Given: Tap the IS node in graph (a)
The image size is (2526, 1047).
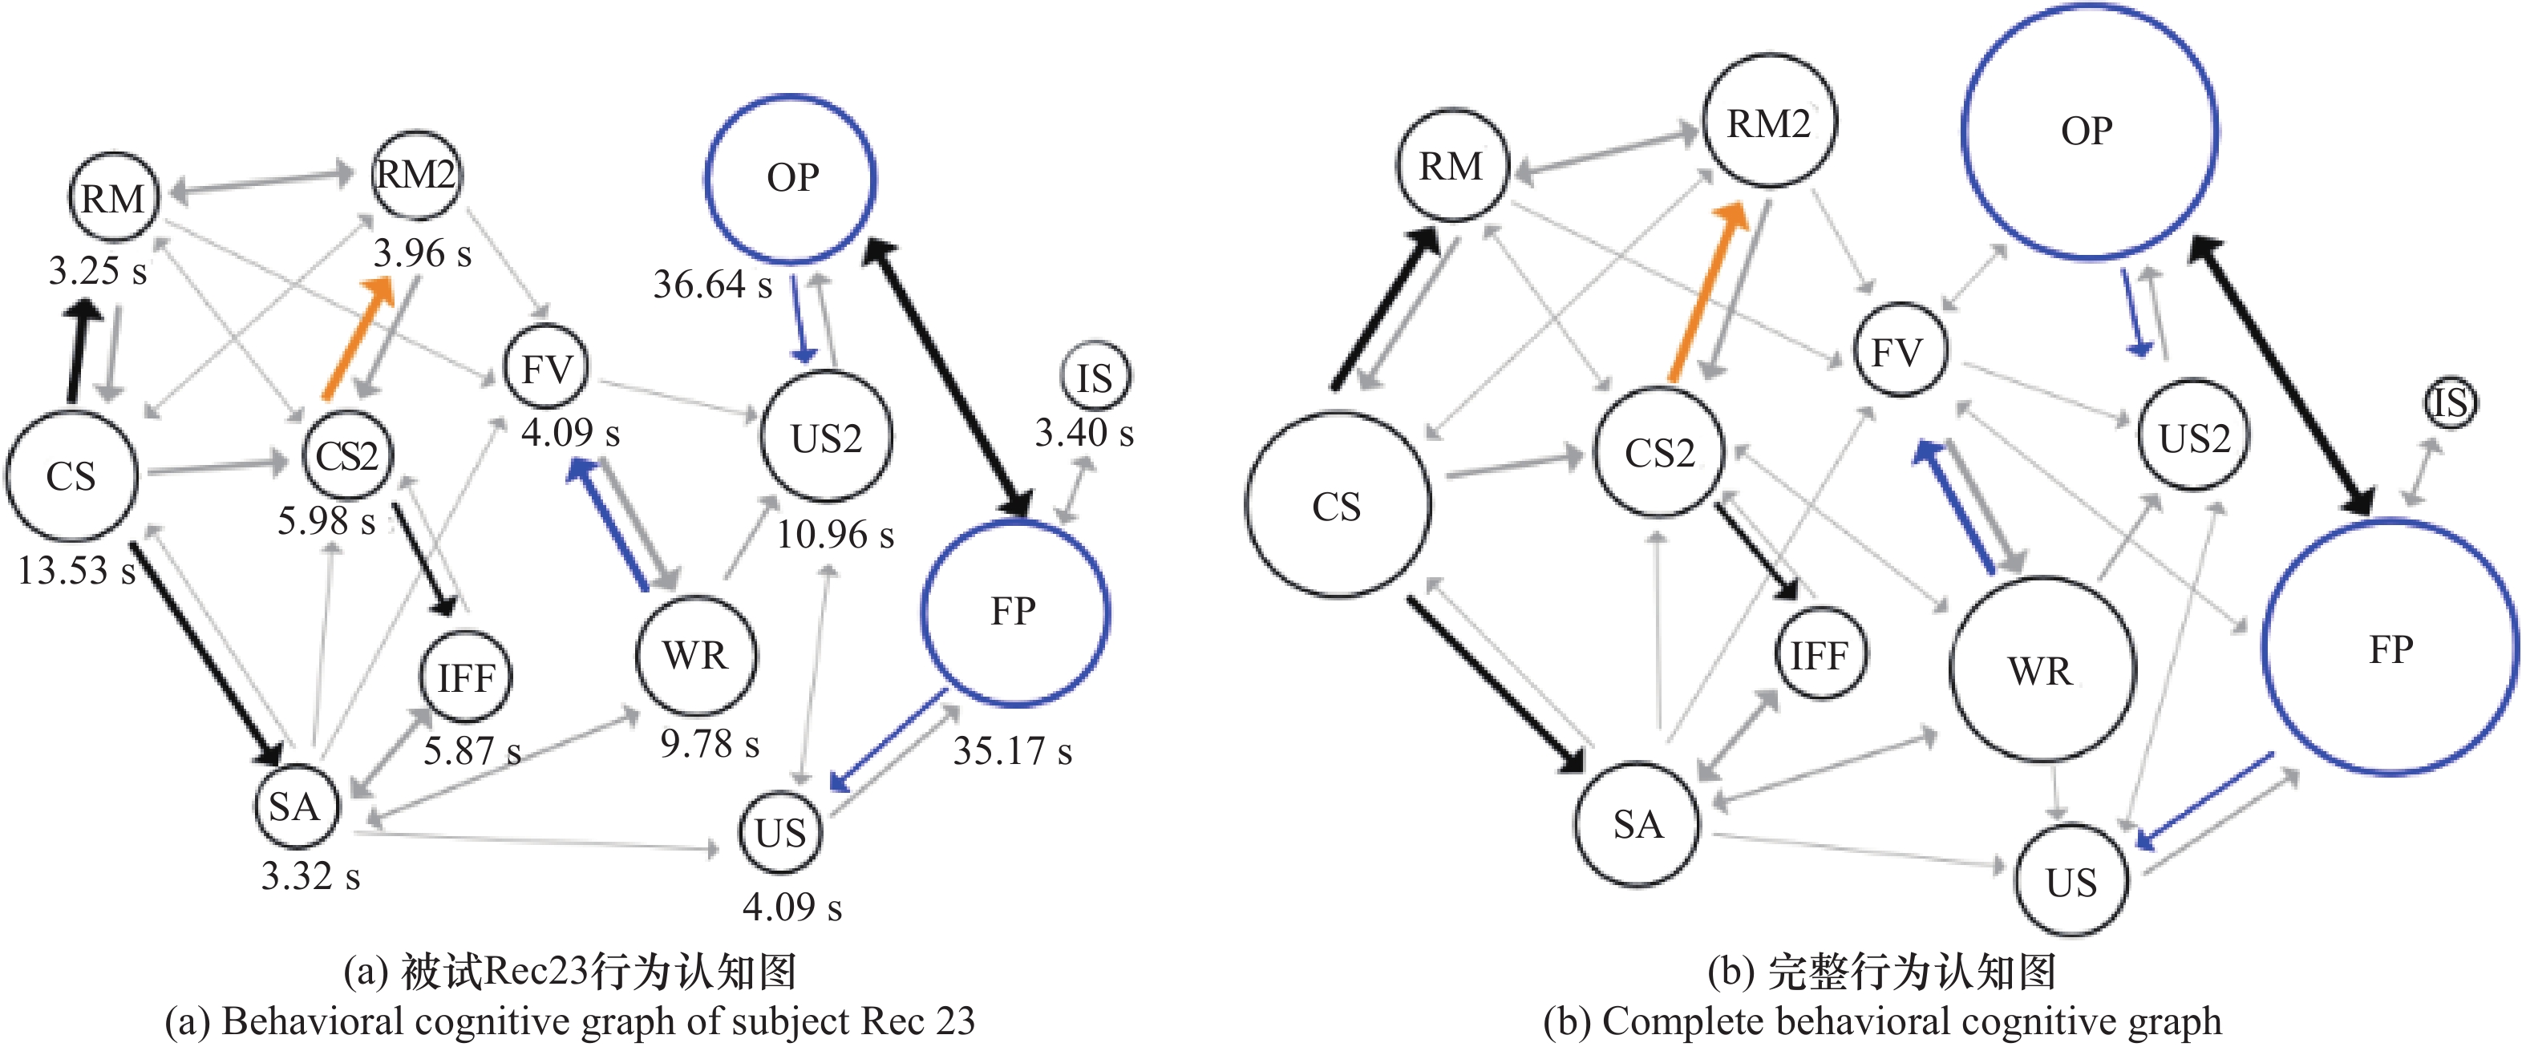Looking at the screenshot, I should [1095, 378].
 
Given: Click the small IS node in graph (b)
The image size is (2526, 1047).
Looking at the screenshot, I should [2451, 402].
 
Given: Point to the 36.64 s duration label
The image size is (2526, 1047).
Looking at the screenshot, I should [712, 285].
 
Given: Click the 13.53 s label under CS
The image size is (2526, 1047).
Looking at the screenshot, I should [76, 569].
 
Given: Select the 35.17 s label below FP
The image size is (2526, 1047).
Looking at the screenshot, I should [1012, 751].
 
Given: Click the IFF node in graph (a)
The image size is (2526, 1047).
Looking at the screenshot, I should [466, 677].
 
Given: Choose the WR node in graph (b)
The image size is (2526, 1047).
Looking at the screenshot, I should [2042, 670].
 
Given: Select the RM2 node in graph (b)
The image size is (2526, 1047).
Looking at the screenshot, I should [1769, 123].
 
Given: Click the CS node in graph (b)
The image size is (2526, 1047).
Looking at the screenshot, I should [1338, 506].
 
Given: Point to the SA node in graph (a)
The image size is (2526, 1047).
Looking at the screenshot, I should [295, 806].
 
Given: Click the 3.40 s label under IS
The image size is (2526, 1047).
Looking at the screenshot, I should [1083, 432].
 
